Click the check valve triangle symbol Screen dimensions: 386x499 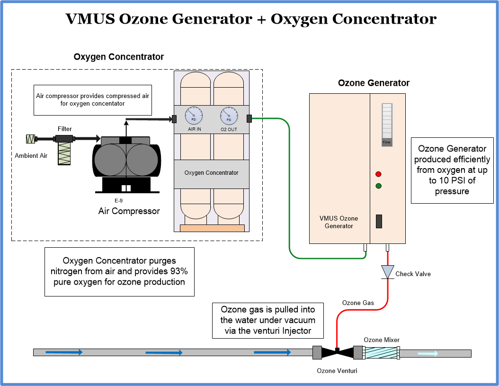[x=388, y=272]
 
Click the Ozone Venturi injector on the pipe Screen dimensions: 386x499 [x=337, y=353]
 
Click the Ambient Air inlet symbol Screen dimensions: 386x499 [x=31, y=139]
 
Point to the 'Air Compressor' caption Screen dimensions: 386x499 [x=129, y=211]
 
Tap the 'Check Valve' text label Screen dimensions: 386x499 [x=413, y=274]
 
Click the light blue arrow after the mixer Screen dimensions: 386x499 [x=428, y=353]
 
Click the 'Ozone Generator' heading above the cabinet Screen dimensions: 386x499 [x=374, y=83]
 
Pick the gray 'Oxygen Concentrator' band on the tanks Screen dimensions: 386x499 [x=212, y=173]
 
